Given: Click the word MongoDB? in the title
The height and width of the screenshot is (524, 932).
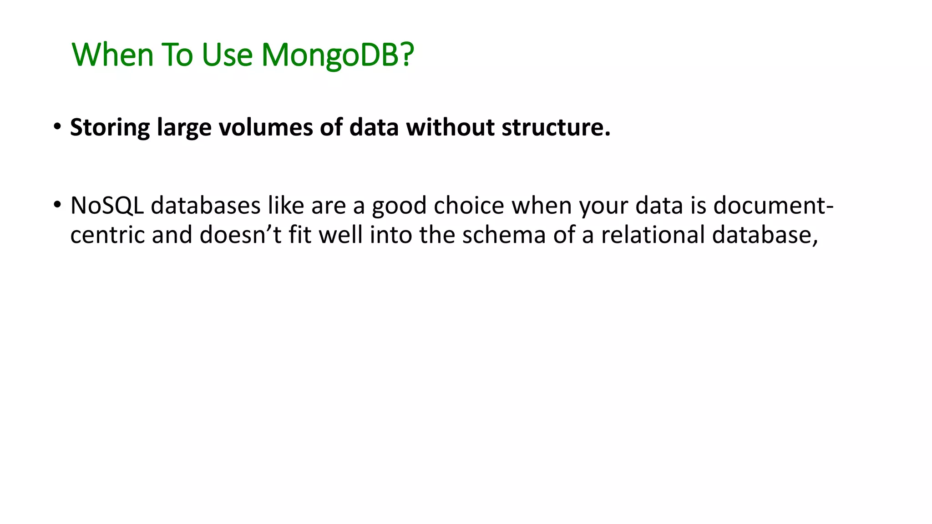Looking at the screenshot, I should click(337, 55).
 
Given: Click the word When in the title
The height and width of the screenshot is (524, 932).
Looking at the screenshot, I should click(113, 55).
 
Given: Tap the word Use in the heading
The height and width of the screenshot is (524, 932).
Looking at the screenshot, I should click(227, 55).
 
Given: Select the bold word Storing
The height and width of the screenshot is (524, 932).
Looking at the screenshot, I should click(110, 127).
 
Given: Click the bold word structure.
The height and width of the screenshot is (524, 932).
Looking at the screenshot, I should click(556, 127).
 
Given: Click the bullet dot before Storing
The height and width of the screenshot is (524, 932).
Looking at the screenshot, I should click(57, 127).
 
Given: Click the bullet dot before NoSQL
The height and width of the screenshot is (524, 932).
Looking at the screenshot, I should click(57, 205).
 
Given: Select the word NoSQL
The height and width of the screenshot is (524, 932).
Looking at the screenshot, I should click(107, 206).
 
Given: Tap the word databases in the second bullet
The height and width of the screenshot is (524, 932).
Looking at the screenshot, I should click(205, 206).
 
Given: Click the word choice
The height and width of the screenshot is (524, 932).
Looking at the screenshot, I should click(469, 206).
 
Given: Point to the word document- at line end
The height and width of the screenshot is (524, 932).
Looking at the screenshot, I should click(773, 206).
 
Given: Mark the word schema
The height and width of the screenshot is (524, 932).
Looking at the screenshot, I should click(504, 235).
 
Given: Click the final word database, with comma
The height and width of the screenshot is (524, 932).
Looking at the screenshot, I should click(765, 235).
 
